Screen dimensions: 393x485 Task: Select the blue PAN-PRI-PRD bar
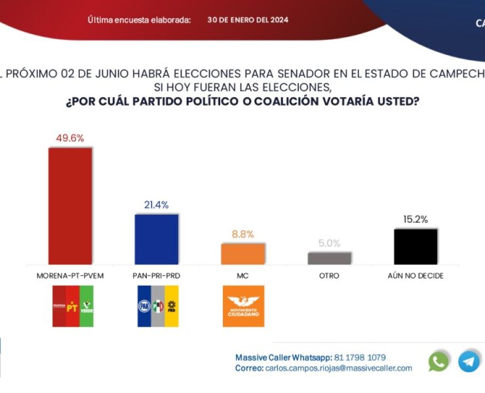coord(157,239)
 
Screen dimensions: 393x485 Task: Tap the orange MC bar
coord(243,254)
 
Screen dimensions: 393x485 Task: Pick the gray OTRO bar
coord(330,258)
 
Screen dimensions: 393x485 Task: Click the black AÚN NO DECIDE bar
coord(416,247)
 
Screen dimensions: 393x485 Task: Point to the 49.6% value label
coord(69,138)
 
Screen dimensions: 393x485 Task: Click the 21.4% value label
coord(157,205)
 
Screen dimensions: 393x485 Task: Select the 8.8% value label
coord(242,234)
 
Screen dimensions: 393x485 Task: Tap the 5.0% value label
coord(329,243)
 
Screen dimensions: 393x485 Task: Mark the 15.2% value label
coord(416,220)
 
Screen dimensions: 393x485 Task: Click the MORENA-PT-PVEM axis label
coord(70,276)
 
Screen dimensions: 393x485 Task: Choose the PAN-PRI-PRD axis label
coord(157,276)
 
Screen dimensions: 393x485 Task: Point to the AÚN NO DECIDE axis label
coord(416,276)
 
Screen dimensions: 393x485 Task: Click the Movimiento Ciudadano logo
coord(243,306)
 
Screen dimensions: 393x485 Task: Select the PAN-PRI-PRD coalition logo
coord(157,306)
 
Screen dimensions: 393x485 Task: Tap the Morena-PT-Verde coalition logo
coord(73,306)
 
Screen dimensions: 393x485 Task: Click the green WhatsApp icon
coord(438,361)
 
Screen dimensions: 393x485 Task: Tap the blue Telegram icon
coord(469,361)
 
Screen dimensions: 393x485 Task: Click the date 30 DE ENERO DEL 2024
coord(248,20)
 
